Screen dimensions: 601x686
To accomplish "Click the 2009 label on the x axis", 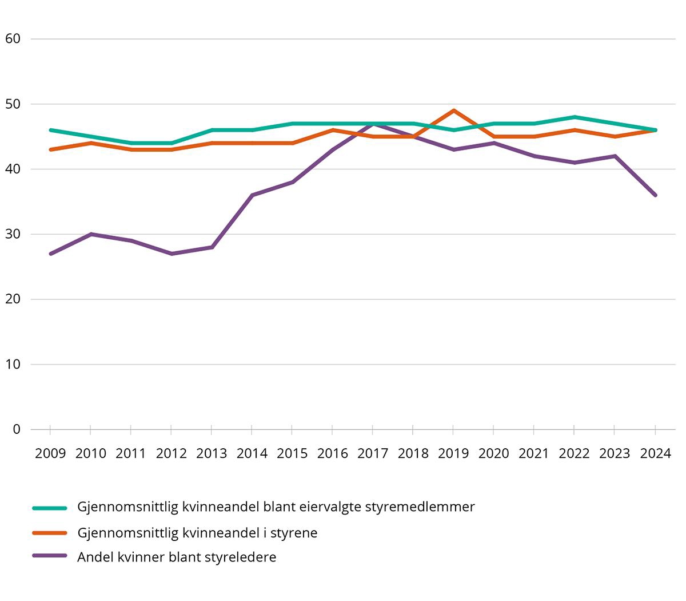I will click(x=50, y=453).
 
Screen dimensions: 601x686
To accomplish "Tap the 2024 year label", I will click(x=655, y=453).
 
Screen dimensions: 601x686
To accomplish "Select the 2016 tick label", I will click(x=333, y=453).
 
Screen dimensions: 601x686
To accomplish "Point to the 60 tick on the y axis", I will click(x=13, y=39).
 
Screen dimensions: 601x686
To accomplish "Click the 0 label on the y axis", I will click(x=17, y=429).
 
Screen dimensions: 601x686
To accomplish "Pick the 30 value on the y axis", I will click(x=13, y=234).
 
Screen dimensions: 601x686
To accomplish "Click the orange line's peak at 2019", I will click(x=453, y=110).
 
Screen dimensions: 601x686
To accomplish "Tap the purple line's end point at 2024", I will click(x=655, y=195).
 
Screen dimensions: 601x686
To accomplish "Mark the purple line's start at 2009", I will click(x=50, y=254).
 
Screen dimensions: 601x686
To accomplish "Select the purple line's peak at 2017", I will click(x=373, y=124).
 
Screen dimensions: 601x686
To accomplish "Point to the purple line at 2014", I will click(x=252, y=195).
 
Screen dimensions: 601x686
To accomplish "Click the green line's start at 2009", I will click(x=50, y=130).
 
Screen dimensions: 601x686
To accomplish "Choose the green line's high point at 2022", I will click(x=575, y=117).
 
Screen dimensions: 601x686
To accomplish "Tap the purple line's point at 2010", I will click(x=91, y=234).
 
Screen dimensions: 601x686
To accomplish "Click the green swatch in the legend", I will click(x=50, y=507).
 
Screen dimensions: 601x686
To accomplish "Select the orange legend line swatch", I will click(x=50, y=533).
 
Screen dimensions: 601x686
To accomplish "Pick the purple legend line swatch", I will click(x=50, y=557).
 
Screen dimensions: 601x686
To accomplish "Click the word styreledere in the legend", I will click(x=242, y=557).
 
